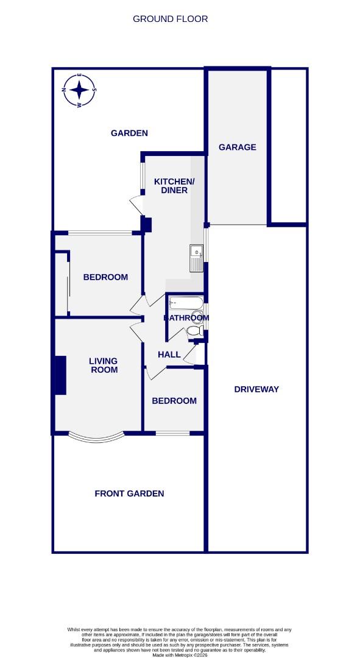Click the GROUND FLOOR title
(x=171, y=19)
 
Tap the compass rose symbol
(x=79, y=91)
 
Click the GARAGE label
(x=237, y=147)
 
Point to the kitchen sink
(x=196, y=258)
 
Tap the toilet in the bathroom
(x=194, y=330)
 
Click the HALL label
(x=169, y=355)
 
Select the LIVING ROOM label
(x=104, y=365)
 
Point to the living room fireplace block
(x=60, y=375)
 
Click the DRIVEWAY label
(x=256, y=389)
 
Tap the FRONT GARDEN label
(x=129, y=493)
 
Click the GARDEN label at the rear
(x=129, y=133)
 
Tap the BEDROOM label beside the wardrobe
(x=105, y=277)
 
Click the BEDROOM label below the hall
(x=174, y=400)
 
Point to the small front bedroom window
(x=172, y=433)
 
